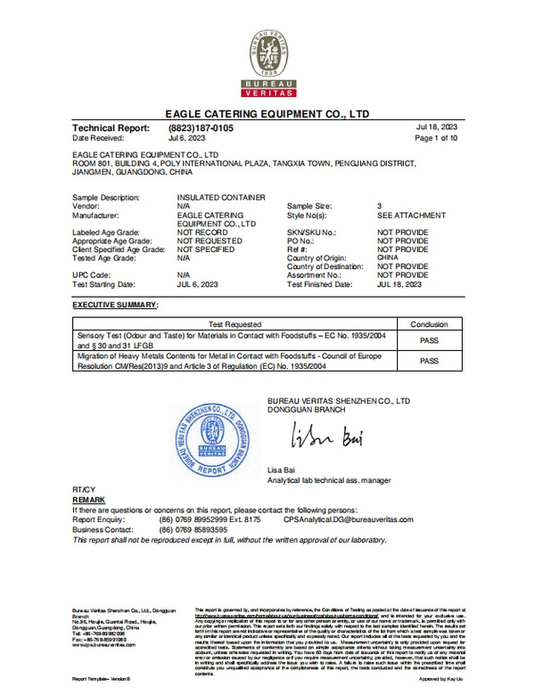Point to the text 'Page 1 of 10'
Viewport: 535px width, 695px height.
pyautogui.click(x=437, y=139)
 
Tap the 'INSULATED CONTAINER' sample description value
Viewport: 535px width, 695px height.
pyautogui.click(x=215, y=196)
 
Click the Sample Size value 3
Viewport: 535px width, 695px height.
pyautogui.click(x=380, y=205)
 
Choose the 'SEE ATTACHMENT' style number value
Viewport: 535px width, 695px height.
pyautogui.click(x=407, y=215)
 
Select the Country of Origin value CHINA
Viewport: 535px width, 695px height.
pyautogui.click(x=388, y=257)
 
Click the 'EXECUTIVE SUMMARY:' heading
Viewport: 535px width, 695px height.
pyautogui.click(x=114, y=306)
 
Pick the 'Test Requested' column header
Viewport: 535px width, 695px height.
pyautogui.click(x=235, y=325)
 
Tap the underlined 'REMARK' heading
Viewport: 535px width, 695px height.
pyautogui.click(x=87, y=500)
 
